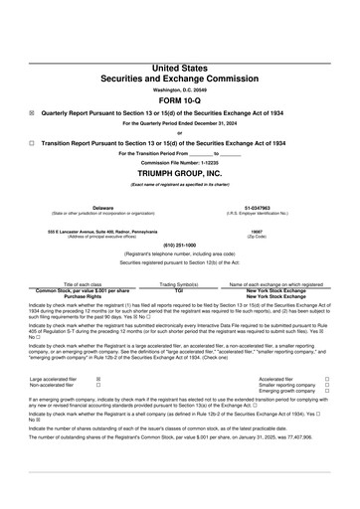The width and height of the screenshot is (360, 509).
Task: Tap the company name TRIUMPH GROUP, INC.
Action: point(180,172)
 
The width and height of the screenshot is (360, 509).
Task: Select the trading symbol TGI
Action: point(180,288)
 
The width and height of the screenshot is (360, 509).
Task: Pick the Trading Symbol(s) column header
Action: point(180,283)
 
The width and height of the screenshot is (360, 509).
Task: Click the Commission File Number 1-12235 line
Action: point(180,162)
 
